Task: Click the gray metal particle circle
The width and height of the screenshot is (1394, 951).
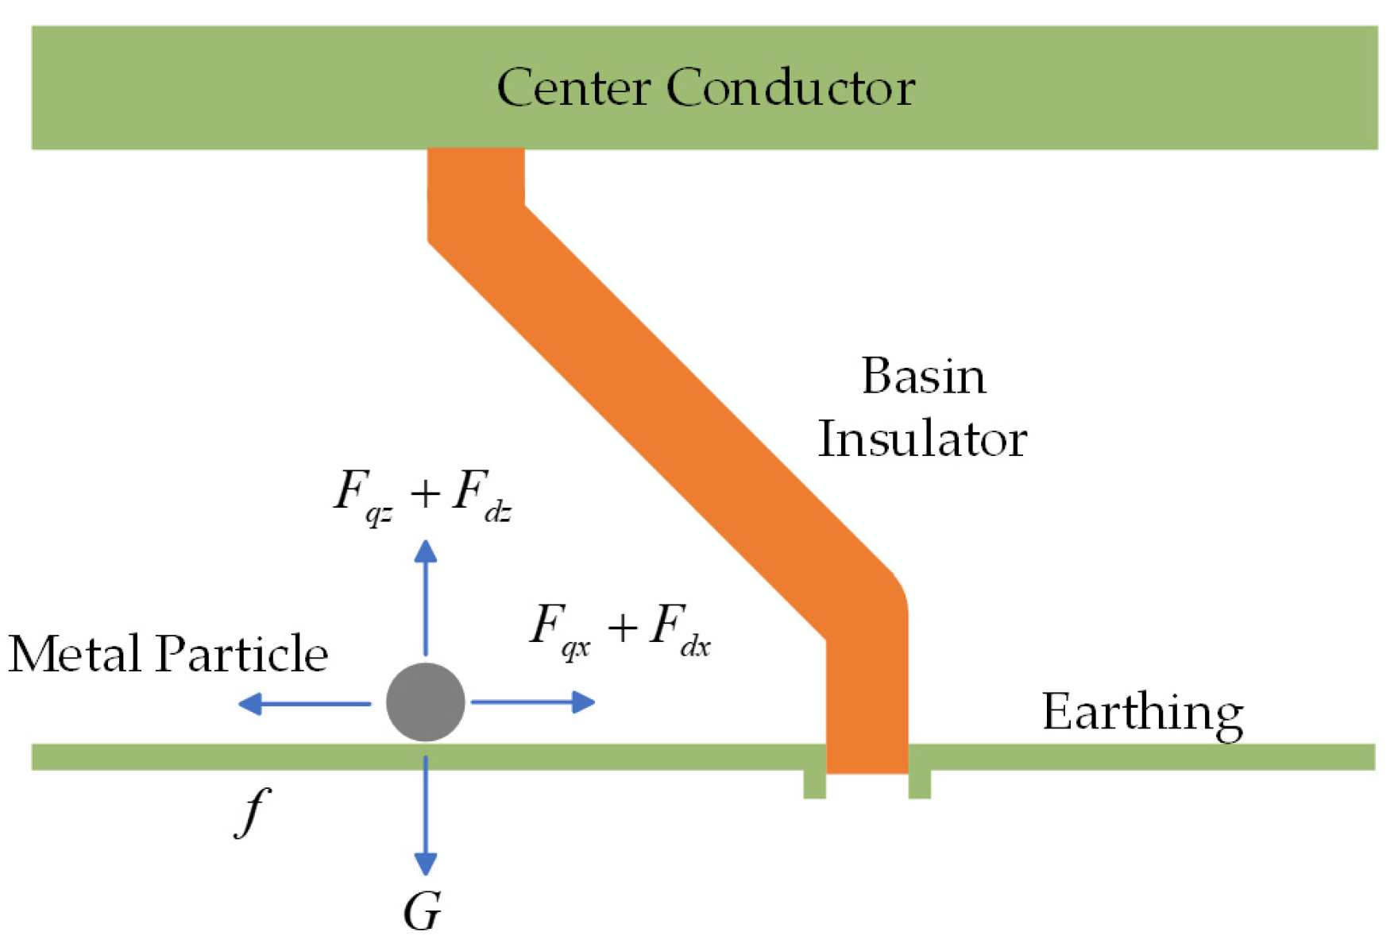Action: point(425,702)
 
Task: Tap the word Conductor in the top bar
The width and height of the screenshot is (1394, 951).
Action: point(790,87)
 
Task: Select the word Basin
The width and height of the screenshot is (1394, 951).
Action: point(923,376)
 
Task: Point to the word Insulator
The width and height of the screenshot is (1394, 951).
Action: point(922,439)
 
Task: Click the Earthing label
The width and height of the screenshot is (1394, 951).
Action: point(1141,713)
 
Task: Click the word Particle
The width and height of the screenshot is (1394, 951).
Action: point(241,654)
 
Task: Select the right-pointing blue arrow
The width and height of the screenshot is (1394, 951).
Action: point(533,702)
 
